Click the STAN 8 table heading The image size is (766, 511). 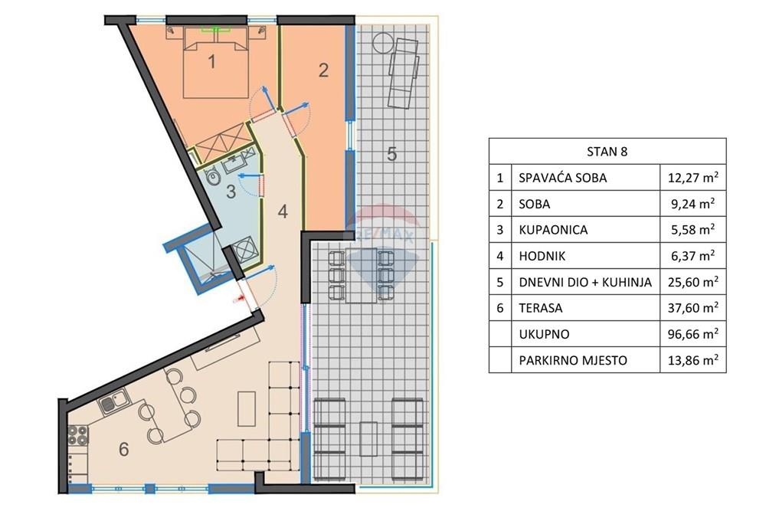(x=607, y=152)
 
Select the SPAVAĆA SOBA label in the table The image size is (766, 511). (x=563, y=178)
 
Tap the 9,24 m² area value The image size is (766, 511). (x=693, y=203)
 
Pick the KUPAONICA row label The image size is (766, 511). (x=553, y=230)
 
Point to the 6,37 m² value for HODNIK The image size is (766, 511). (x=693, y=256)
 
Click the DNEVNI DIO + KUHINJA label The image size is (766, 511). (x=585, y=282)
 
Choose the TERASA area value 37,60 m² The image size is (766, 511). (x=693, y=308)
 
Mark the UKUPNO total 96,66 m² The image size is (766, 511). (x=693, y=334)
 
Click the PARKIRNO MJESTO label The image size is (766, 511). (x=573, y=361)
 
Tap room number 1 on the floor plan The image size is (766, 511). (x=211, y=61)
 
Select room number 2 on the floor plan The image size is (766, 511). (x=323, y=70)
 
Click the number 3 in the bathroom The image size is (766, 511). (x=231, y=191)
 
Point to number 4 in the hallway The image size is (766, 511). (x=283, y=211)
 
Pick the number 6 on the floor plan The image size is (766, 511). (x=123, y=449)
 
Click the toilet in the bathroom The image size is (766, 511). (x=212, y=177)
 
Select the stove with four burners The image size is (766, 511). (x=78, y=435)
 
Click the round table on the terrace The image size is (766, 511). (x=382, y=43)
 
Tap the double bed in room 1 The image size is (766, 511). (x=216, y=62)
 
